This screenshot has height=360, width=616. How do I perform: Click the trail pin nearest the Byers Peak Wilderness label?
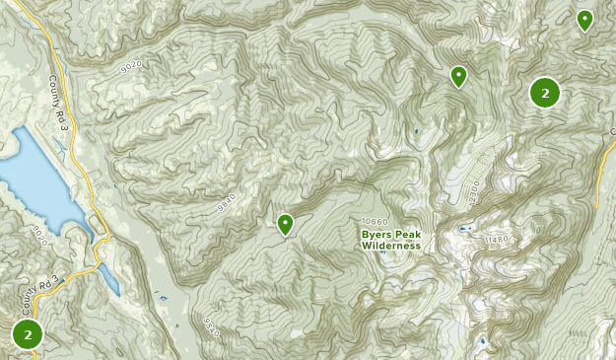[286, 225]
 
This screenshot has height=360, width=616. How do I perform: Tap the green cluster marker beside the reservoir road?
[28, 334]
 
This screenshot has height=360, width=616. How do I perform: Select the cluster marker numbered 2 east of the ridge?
[545, 93]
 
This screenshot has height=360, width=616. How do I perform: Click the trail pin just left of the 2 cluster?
[458, 76]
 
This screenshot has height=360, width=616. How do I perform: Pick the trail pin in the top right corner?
[584, 20]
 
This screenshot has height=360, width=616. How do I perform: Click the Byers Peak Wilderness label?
[390, 240]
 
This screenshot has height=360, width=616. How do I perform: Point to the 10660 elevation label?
[376, 221]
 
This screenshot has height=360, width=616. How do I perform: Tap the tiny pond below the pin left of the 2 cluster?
[416, 131]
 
